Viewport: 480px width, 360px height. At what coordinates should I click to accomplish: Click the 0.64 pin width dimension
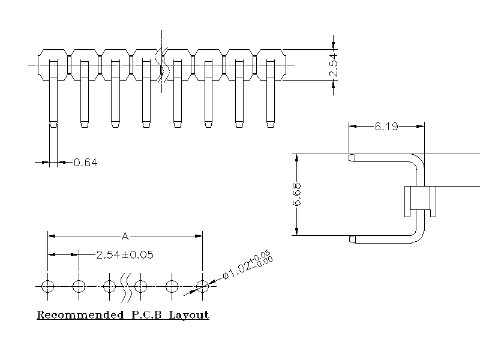pos(85,162)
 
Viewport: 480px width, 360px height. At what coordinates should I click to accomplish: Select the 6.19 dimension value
pos(386,127)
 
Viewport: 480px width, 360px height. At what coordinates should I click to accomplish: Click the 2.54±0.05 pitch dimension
pos(125,254)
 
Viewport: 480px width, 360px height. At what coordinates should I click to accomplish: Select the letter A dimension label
pos(125,235)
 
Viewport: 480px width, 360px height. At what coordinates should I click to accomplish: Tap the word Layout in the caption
pos(188,314)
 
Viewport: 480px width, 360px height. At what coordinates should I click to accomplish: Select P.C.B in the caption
pos(144,314)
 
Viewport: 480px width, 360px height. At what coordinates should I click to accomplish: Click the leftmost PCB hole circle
pos(48,286)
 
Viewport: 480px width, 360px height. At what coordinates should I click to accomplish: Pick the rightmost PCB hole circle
pos(203,286)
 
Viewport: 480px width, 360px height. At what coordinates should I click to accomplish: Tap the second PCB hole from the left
pos(79,286)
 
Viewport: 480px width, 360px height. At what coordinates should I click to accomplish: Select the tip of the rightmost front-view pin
pos(271,125)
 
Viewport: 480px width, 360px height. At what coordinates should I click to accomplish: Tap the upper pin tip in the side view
pos(352,158)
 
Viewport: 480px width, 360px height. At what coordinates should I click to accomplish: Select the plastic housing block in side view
pos(419,202)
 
